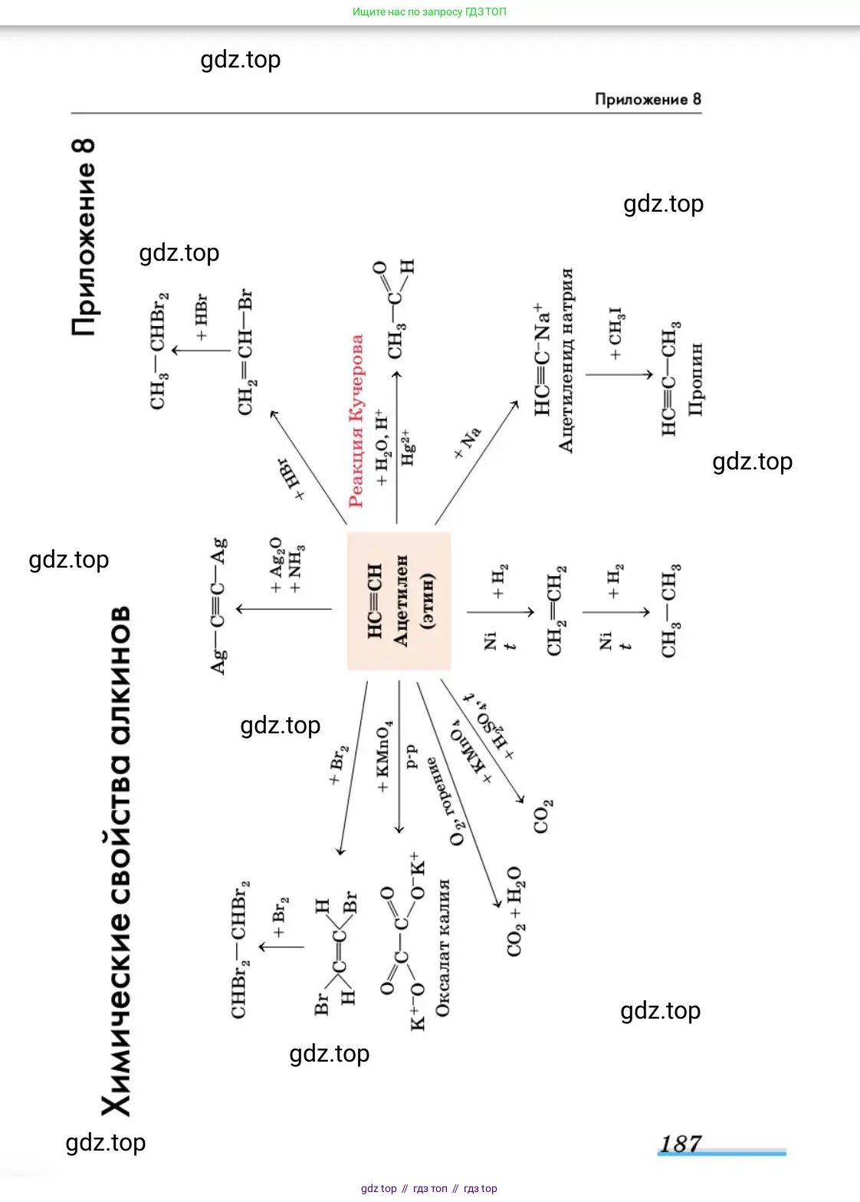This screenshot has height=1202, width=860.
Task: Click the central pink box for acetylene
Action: point(399,601)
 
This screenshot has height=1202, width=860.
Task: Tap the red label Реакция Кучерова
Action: point(356,421)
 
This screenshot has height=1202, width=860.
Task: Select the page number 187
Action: point(681,1144)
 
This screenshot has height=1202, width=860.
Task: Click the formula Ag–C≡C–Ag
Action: point(219,606)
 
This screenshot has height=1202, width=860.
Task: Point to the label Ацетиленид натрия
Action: point(566,361)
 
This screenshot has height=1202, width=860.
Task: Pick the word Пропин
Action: point(695,380)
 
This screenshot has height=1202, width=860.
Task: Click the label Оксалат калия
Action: point(442,948)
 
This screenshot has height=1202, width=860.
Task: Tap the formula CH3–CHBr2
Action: point(159,351)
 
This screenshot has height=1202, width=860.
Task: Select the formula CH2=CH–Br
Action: point(245,353)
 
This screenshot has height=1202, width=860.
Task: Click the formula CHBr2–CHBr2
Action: point(240,949)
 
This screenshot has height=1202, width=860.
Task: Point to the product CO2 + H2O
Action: point(514,911)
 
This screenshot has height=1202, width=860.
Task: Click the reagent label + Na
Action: point(467,443)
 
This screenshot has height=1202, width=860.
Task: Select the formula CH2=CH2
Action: point(556,611)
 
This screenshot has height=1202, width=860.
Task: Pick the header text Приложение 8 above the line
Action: point(648,99)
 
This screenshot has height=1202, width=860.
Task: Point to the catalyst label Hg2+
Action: point(408,447)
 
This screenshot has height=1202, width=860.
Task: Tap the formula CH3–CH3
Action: point(670,611)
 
